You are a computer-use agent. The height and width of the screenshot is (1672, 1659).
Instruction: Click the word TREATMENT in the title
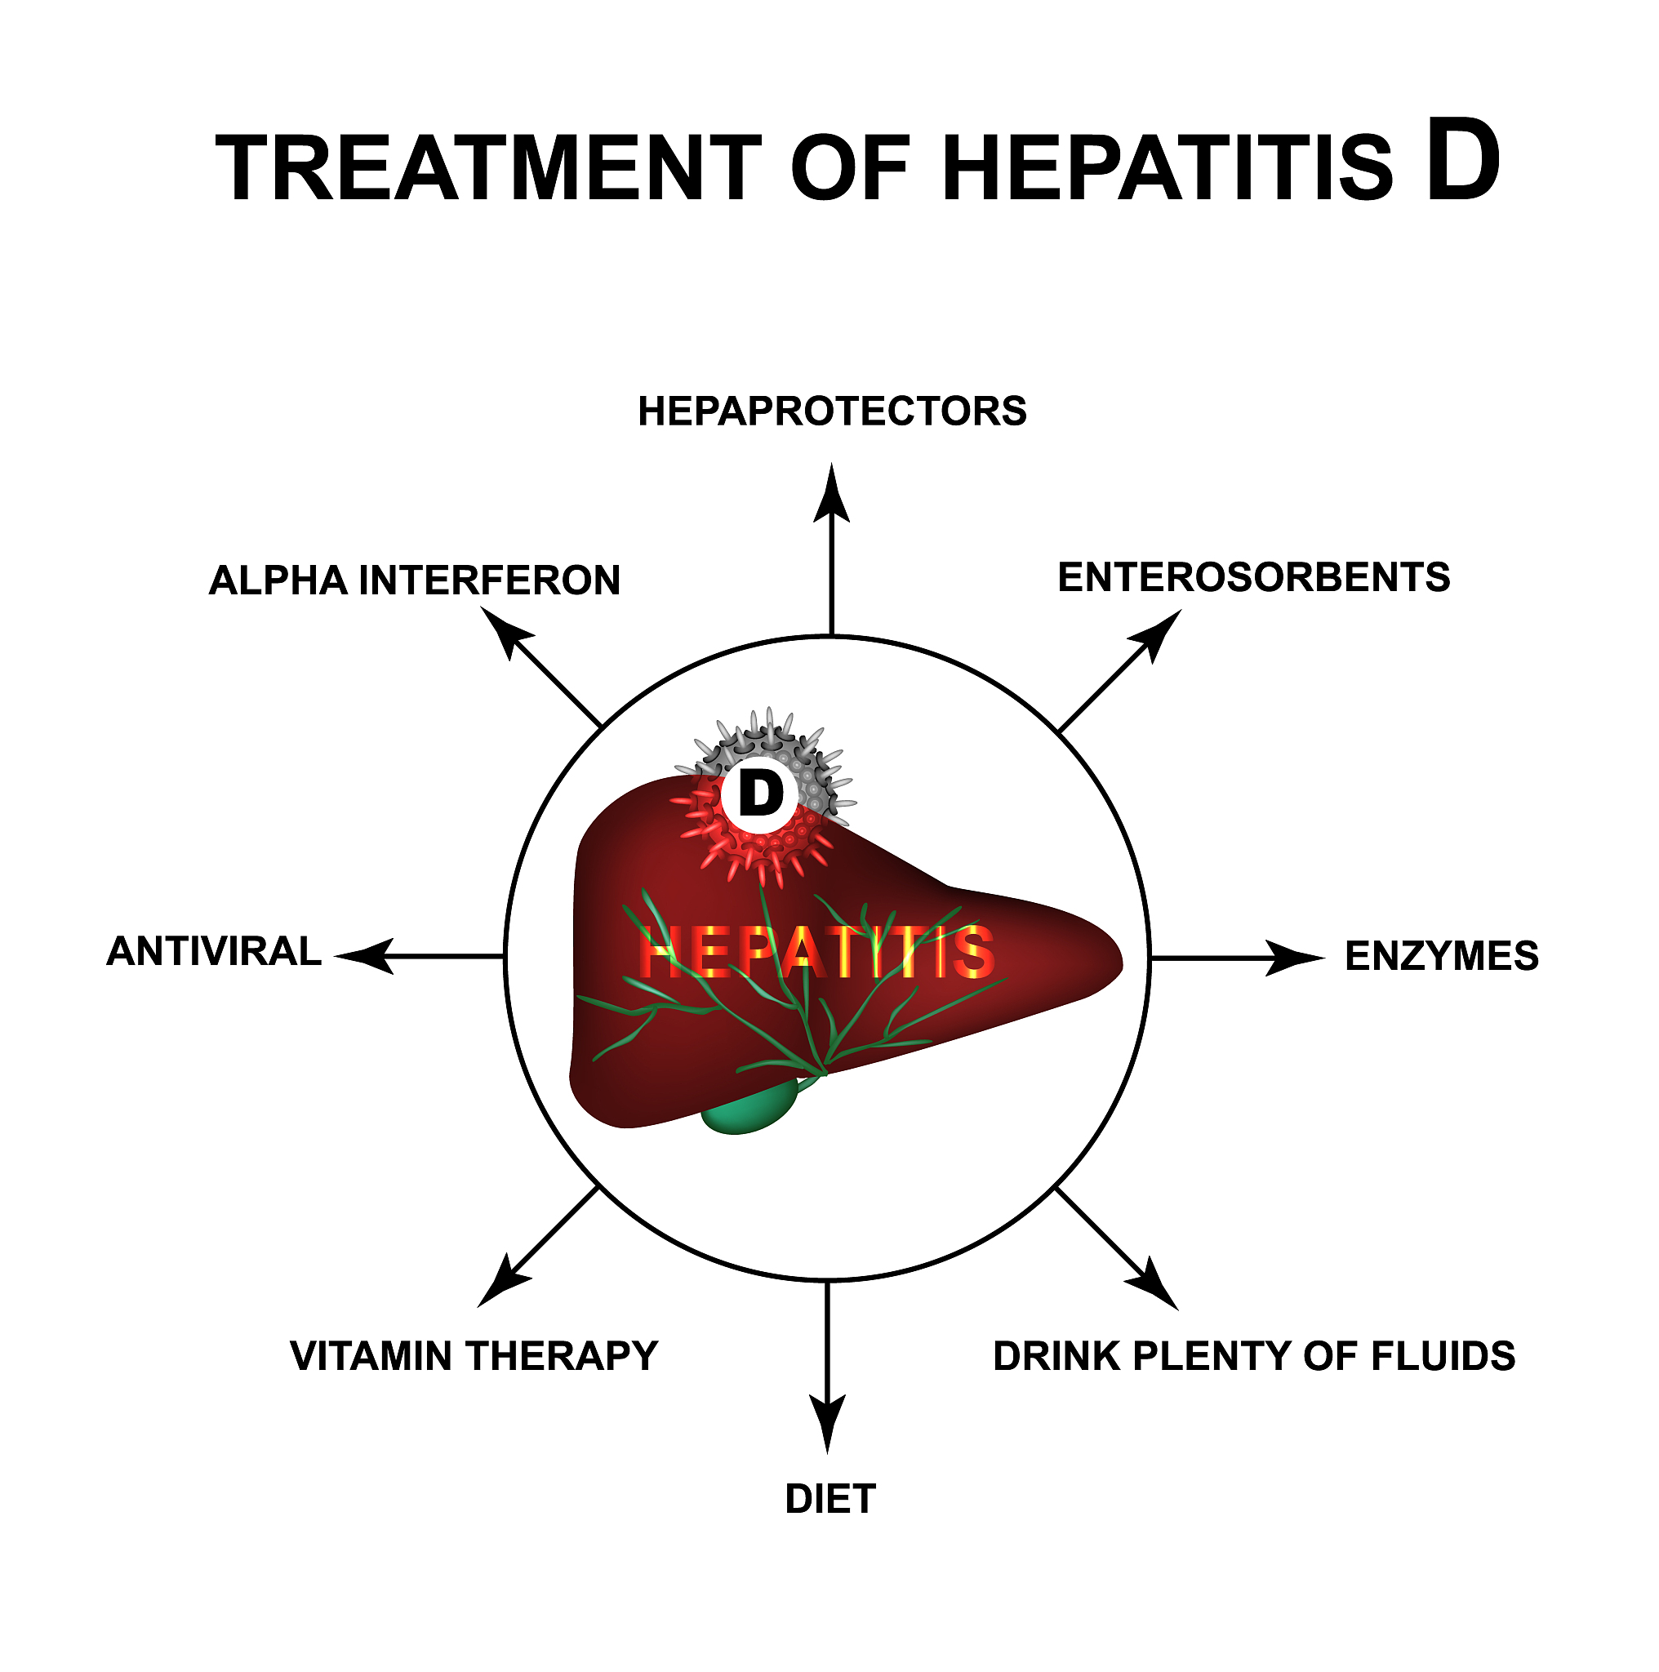(x=489, y=169)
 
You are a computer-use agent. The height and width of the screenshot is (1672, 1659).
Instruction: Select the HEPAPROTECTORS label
(x=832, y=412)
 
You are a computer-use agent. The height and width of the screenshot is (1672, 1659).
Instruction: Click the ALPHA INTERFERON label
(x=415, y=580)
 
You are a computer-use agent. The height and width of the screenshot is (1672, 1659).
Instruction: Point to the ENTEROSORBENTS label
(x=1254, y=578)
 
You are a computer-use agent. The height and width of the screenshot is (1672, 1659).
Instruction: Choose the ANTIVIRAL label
(x=214, y=952)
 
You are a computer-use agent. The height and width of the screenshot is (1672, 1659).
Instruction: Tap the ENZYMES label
(x=1442, y=957)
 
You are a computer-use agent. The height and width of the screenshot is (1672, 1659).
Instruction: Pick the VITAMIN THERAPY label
(x=474, y=1356)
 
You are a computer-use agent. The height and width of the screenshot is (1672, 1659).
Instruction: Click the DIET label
(x=831, y=1500)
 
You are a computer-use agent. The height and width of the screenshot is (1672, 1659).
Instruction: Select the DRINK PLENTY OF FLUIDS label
(x=1254, y=1356)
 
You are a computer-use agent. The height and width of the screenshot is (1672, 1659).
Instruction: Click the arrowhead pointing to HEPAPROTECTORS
(x=832, y=495)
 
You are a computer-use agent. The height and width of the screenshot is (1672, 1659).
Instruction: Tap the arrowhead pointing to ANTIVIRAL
(x=365, y=956)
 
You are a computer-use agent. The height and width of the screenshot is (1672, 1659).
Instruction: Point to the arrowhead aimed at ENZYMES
(x=1295, y=958)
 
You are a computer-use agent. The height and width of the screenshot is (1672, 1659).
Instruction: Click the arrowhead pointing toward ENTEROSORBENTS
(x=1159, y=633)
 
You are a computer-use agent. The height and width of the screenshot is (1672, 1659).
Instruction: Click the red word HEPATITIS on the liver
(x=816, y=952)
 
